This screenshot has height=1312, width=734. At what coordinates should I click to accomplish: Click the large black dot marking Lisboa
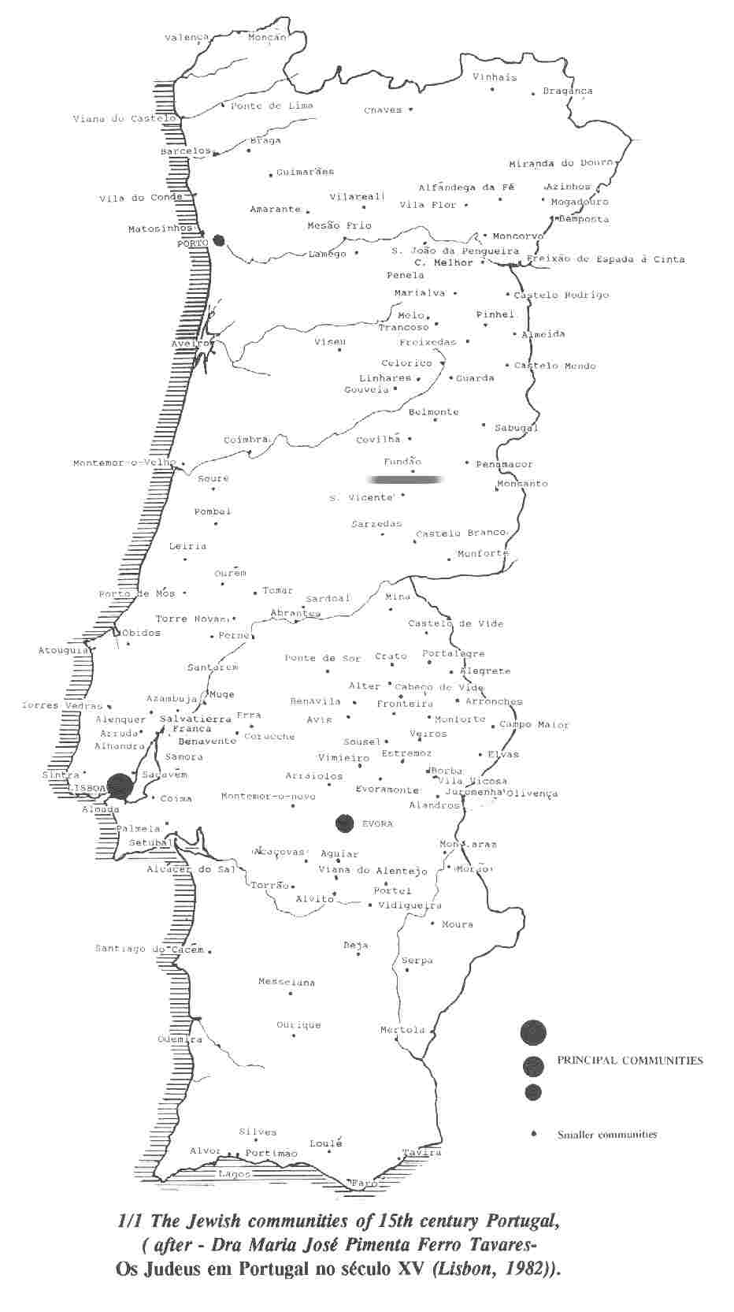point(120,785)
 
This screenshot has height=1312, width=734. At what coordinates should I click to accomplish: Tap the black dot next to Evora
point(344,823)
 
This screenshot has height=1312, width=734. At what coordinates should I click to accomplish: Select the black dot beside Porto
point(219,240)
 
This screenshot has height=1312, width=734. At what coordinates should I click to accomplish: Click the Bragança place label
point(567,91)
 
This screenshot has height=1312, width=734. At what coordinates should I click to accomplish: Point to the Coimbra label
point(247,440)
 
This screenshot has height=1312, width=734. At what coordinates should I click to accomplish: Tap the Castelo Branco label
point(461,533)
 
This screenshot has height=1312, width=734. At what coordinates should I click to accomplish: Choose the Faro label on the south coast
point(364,1184)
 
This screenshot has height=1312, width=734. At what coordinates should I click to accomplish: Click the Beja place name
point(356,945)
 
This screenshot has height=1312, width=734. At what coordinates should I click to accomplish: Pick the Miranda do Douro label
point(561,164)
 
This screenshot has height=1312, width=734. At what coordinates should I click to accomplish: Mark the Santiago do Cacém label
point(150,949)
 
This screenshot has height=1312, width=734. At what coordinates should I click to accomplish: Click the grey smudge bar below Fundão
point(406,479)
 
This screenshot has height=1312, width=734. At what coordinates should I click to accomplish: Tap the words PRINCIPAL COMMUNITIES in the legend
point(630,1061)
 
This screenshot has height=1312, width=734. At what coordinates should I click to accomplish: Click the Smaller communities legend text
point(607,1135)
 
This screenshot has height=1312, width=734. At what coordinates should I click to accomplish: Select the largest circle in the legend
point(533,1031)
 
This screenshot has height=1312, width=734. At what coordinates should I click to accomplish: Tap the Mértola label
point(402,1030)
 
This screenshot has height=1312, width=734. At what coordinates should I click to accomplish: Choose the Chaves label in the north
point(383,110)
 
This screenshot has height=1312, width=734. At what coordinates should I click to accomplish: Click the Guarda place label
point(475,378)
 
